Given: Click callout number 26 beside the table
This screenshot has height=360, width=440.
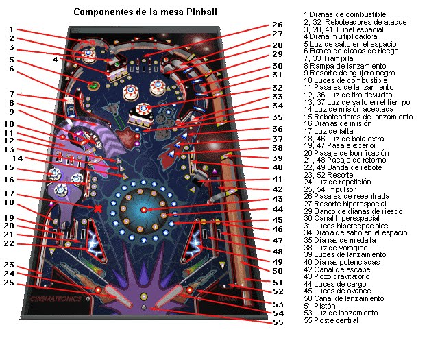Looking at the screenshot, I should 276,25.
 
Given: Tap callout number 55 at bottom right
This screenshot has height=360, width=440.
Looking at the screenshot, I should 276,322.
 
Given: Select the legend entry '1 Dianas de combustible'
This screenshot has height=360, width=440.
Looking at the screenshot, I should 344,14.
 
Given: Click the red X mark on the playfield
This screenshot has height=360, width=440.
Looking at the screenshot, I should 99,208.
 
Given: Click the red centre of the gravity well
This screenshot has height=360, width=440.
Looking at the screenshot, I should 144,208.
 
